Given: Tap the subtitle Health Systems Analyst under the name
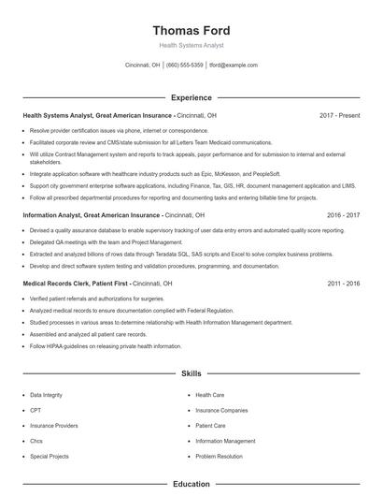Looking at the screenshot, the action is coord(191,45).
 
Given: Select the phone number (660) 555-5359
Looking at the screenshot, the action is coord(185,66).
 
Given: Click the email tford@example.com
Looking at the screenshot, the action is coord(234,66).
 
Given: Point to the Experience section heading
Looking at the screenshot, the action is coord(191,97).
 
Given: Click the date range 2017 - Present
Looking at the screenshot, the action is coord(339,115).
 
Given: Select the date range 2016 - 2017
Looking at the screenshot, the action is coord(343,214).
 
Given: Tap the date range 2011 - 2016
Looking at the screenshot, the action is coord(343,283).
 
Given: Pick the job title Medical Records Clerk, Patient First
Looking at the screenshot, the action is coord(75,283).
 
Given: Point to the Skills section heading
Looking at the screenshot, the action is coord(191,373).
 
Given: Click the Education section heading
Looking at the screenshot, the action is coord(191,485).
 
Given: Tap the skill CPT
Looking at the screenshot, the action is coord(35,410).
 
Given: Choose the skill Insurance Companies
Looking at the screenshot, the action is coord(221,410).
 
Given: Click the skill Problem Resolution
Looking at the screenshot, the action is coord(220,456).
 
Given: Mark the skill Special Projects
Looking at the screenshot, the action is coord(50,456).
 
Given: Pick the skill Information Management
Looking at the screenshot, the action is coord(225,441).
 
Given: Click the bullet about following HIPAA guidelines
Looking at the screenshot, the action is coord(106,346).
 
